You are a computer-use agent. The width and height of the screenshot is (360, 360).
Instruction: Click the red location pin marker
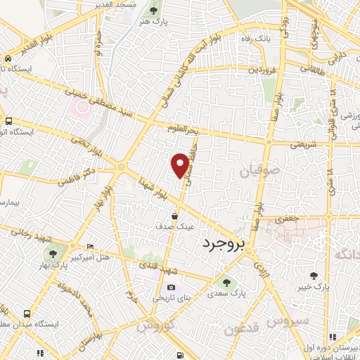point(181,165)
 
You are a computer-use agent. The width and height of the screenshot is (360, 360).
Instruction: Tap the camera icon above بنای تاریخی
point(172,287)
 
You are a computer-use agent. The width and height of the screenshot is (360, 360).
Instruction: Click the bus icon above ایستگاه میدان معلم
point(27,314)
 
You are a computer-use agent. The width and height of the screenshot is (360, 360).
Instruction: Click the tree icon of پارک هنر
point(154,11)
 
